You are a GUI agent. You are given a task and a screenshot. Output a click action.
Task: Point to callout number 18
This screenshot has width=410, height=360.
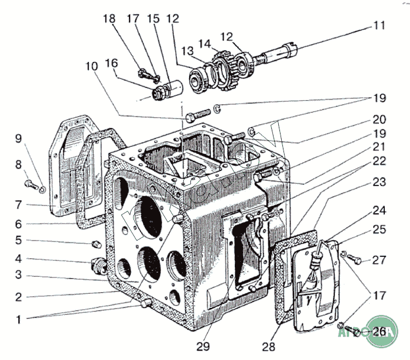click(109, 19)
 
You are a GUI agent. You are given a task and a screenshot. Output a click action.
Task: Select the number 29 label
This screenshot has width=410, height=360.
click(204, 347)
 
